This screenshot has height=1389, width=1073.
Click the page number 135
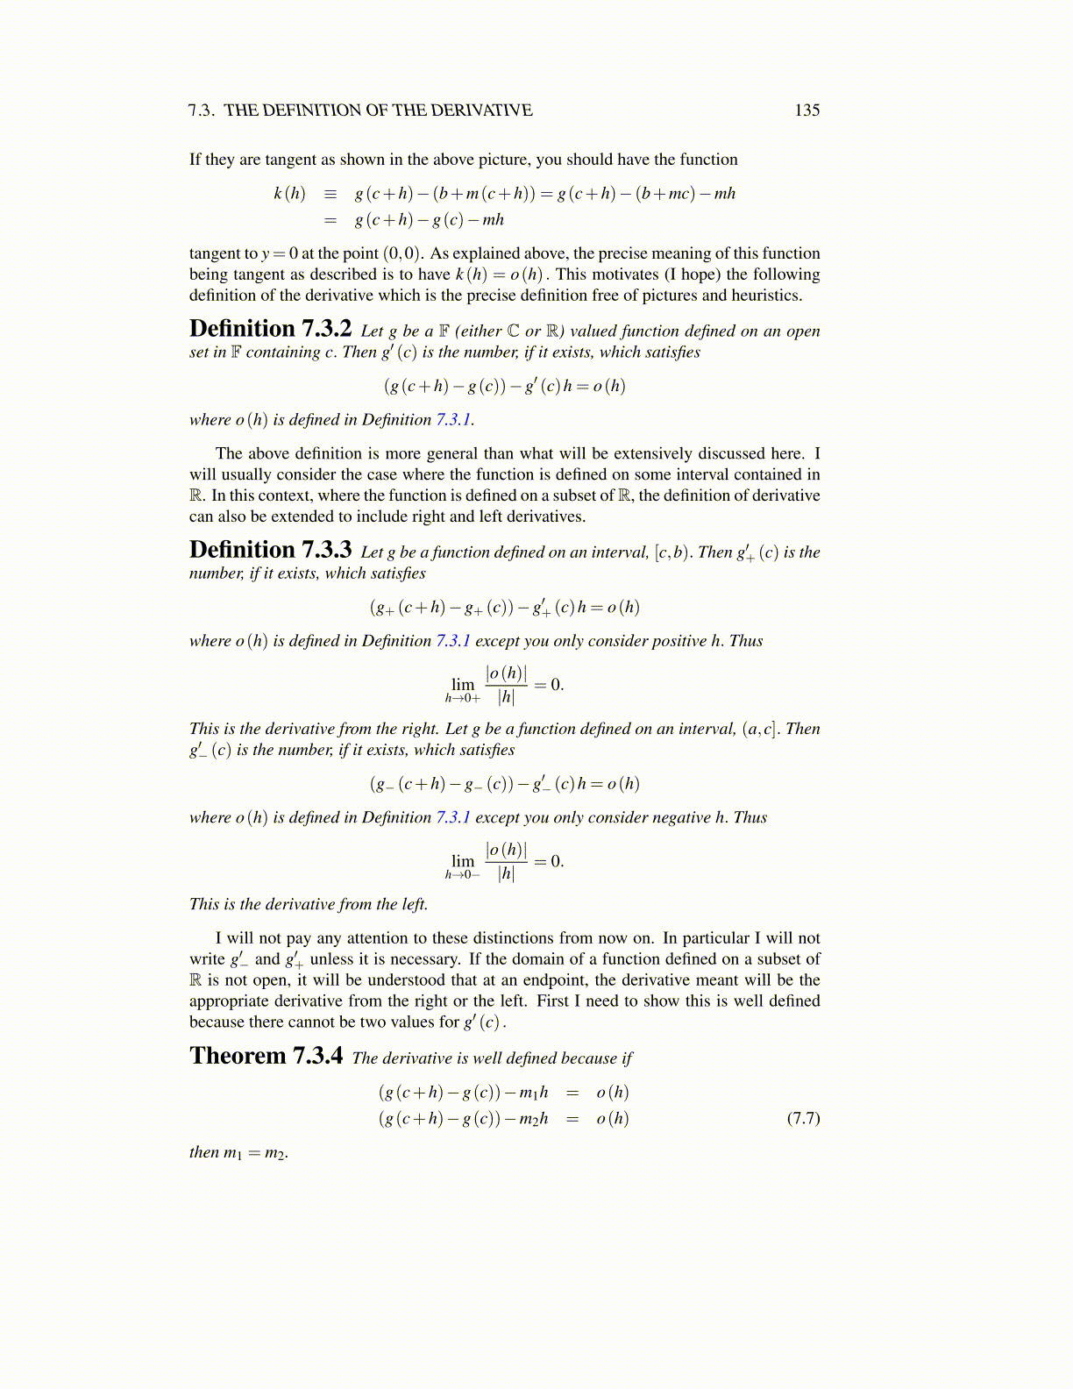[807, 110]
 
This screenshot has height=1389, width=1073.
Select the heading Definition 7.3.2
[270, 330]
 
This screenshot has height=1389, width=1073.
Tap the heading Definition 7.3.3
[270, 551]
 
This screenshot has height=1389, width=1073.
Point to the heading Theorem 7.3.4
[266, 1057]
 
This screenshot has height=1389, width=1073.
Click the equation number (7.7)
[803, 1118]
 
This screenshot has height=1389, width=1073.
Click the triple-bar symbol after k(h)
[330, 194]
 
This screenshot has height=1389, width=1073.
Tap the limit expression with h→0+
[504, 685]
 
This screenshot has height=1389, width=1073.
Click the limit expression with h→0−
[504, 861]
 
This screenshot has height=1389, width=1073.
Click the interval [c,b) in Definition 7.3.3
[672, 552]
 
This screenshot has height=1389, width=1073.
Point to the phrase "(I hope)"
[693, 274]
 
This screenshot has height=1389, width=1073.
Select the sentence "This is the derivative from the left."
[309, 904]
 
